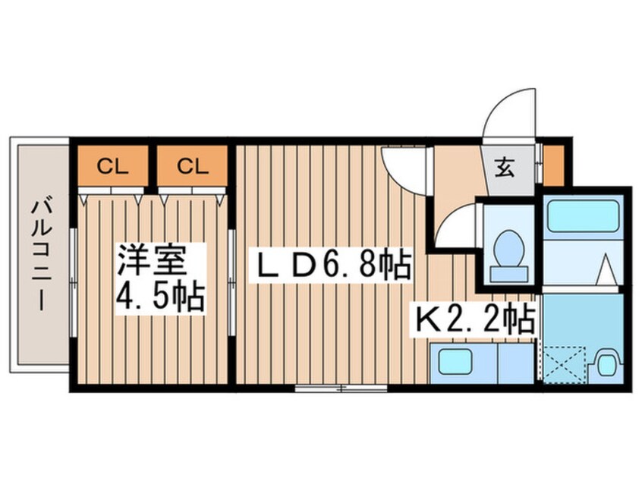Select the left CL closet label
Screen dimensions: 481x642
point(111,166)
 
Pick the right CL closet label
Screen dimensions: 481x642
point(194,166)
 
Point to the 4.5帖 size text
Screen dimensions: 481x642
point(160,297)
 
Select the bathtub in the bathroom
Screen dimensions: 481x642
point(584,215)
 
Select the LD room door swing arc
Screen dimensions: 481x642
point(402,167)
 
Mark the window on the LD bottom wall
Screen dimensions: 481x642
point(341,388)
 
